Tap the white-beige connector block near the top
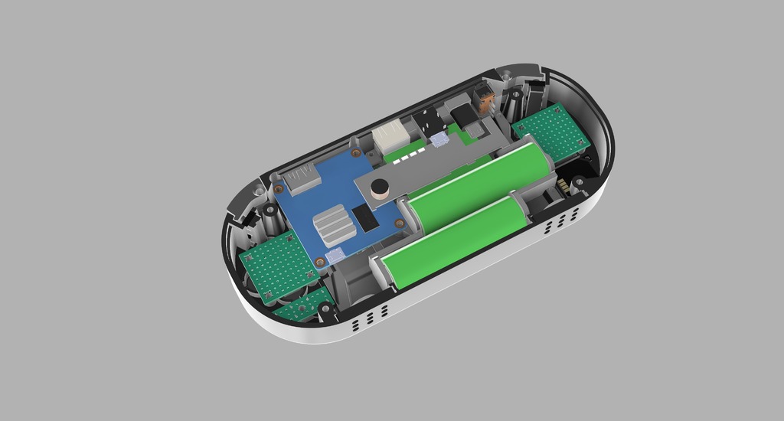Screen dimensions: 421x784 391,137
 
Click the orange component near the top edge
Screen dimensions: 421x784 484,98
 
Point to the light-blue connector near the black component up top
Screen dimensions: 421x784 439,140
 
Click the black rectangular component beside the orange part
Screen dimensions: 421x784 464,116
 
